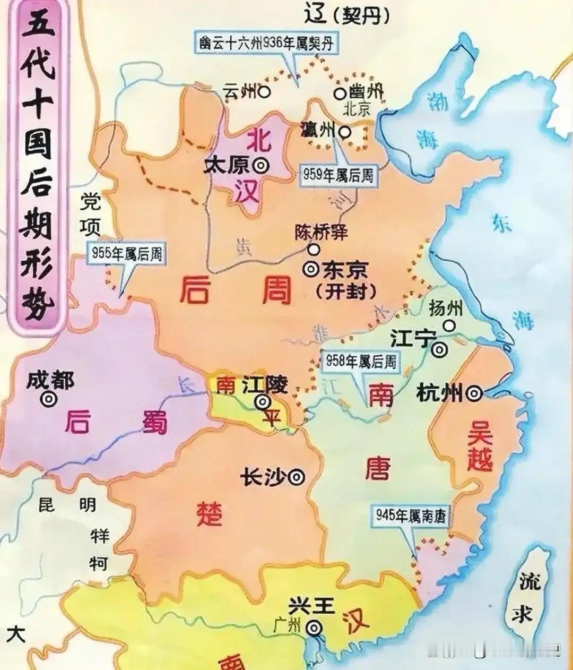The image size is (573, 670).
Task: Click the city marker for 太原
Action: [261, 166]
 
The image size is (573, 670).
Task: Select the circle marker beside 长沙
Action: [298, 477]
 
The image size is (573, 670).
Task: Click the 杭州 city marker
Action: [474, 393]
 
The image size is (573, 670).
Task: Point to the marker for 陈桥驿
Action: [315, 248]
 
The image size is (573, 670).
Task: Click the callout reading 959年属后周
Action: [338, 175]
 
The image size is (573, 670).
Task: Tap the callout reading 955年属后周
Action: [126, 254]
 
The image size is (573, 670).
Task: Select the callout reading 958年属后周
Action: [361, 362]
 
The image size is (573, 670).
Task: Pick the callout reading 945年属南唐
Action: [411, 515]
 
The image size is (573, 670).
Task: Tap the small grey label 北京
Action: [357, 110]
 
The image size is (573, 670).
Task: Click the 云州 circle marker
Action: [264, 92]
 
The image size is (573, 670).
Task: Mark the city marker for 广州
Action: [315, 628]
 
